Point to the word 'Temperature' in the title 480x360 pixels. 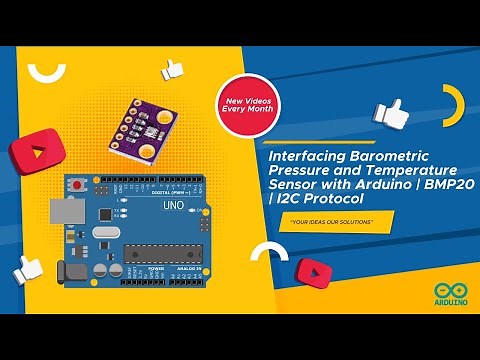pos(395,170)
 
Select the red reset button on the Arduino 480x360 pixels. pos(77,185)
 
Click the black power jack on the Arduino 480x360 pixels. pos(72,270)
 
